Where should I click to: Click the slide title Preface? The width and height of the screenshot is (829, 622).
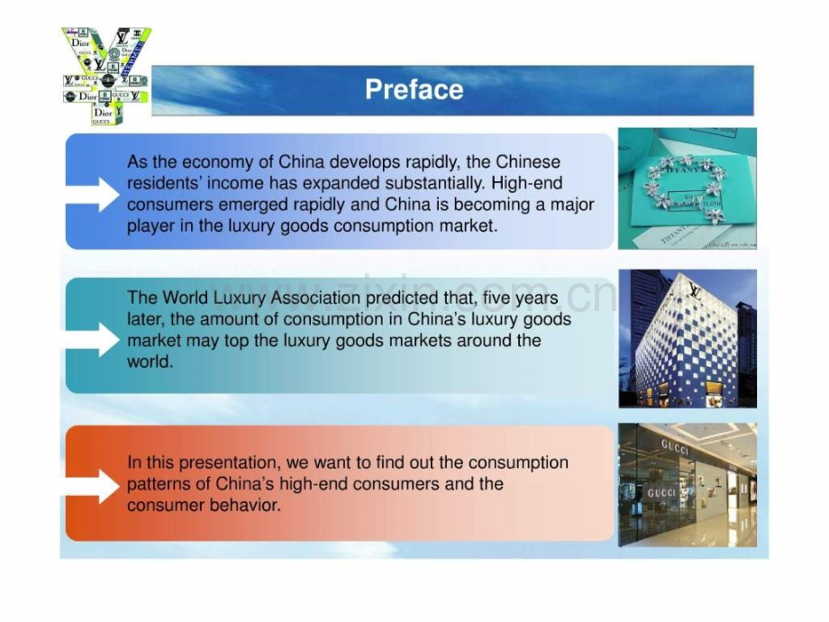coord(414,89)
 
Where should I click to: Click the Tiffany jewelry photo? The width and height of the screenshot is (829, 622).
coord(687,188)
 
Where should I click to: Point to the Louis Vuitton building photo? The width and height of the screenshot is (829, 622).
coord(687,338)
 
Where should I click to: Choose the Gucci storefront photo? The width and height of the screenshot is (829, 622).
coord(687,484)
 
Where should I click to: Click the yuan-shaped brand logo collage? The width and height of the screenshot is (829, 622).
coord(106,76)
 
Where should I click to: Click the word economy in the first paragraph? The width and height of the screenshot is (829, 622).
coord(214,162)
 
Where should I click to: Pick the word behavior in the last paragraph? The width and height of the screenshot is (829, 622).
coord(246,505)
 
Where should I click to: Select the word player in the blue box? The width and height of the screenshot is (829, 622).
coord(150,225)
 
